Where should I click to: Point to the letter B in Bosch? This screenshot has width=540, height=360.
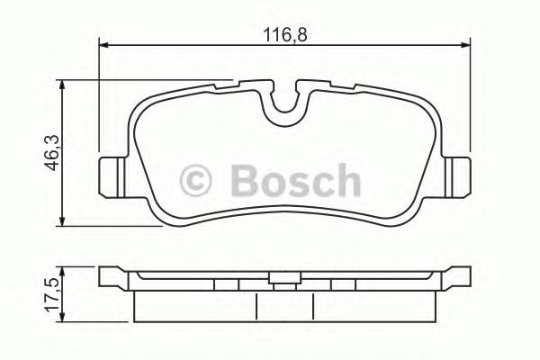tap(244, 180)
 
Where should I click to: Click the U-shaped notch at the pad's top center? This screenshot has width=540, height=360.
tap(284, 105)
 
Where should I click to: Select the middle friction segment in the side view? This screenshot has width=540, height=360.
tap(284, 306)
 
